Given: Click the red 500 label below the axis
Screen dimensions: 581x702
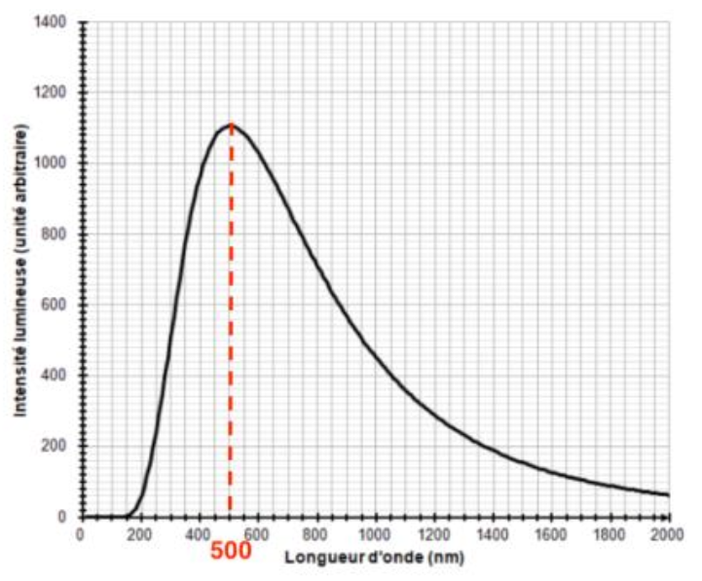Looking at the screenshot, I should point(230,550).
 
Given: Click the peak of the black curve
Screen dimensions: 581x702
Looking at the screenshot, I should point(231,125).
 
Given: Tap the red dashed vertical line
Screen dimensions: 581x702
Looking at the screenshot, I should point(231,321).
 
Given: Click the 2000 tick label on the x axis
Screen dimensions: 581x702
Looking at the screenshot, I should point(668,534).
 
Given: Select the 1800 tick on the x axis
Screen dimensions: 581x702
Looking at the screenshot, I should point(610,534).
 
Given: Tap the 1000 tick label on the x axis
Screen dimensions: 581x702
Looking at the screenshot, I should point(375,534).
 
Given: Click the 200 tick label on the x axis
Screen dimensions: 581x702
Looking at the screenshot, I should point(140,534).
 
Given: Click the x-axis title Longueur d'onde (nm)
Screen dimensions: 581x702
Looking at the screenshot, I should point(375,559).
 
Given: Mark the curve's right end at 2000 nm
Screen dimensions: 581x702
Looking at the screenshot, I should point(669,495).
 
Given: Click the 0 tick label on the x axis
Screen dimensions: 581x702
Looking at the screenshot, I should point(82,534).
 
